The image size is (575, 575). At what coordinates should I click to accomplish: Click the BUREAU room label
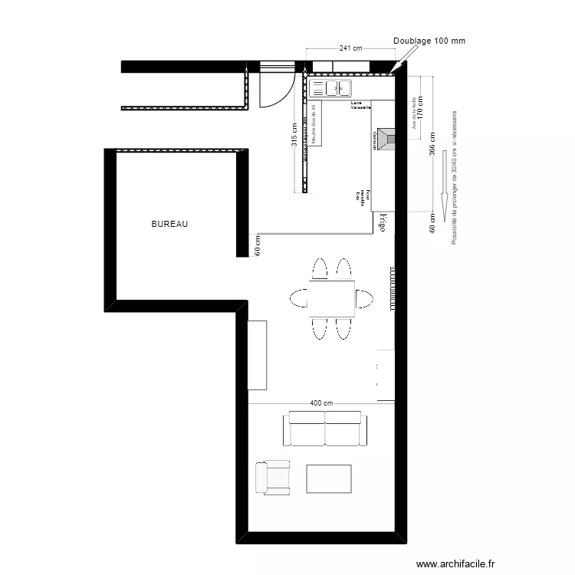(x=169, y=225)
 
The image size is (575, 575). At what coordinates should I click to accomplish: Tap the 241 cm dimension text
(x=350, y=48)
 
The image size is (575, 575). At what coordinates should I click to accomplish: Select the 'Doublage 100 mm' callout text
(x=429, y=41)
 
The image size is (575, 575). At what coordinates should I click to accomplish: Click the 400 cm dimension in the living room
(x=322, y=403)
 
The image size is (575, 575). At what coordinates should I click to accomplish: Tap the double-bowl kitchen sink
(x=337, y=88)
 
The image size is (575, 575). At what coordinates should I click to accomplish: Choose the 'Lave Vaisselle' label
(x=360, y=105)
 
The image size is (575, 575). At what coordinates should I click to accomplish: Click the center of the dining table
(x=332, y=298)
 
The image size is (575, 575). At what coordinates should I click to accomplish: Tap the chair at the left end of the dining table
(x=298, y=297)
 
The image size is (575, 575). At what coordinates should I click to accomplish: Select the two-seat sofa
(x=325, y=429)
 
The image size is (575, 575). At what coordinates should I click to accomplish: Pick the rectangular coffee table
(x=329, y=478)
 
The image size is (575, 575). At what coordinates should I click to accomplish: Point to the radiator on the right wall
(x=393, y=288)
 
